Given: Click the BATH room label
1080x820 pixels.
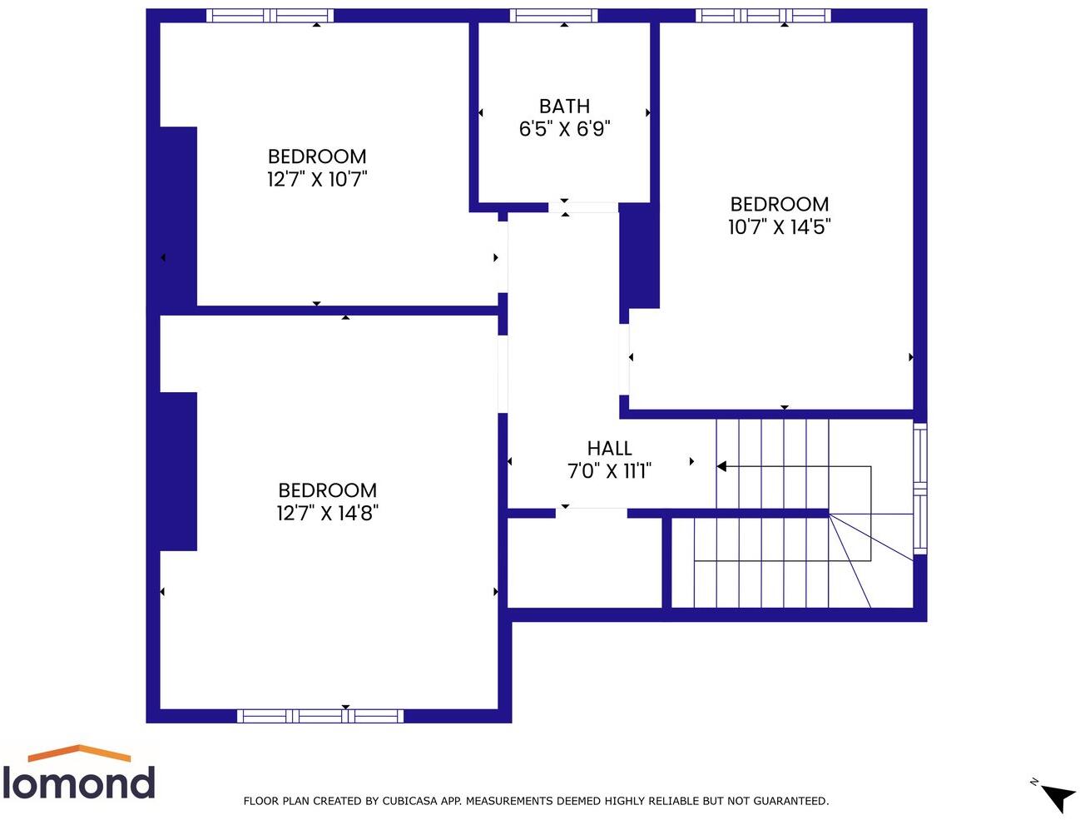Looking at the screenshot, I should [564, 107].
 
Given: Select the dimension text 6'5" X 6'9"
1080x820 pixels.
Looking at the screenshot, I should [564, 129].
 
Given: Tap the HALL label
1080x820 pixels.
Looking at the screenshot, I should [609, 449].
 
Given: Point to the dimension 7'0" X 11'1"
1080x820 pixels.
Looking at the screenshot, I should [609, 471].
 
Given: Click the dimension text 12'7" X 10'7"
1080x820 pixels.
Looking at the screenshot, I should [317, 179].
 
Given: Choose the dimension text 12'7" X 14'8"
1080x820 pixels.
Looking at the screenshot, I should [327, 513].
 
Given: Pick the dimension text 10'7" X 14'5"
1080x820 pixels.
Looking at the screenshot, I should [779, 227].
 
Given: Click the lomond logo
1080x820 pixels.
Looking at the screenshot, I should [79, 773].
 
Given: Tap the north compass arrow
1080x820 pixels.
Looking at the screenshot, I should [1057, 797].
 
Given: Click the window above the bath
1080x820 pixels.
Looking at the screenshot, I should [553, 15].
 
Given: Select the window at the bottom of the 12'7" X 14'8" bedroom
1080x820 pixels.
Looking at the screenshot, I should [320, 716].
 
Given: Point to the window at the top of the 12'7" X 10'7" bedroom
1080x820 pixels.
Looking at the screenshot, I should [270, 15].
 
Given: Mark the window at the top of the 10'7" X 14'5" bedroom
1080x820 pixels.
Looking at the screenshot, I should [763, 15].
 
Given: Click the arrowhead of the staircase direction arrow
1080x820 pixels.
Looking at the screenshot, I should [721, 466].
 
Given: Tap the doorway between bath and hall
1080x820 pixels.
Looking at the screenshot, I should [583, 207].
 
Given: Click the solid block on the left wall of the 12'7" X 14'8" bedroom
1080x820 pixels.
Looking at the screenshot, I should [178, 471].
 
